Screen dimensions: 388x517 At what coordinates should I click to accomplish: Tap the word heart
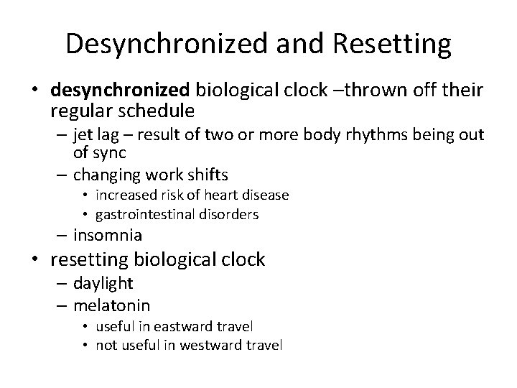tap(218, 195)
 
